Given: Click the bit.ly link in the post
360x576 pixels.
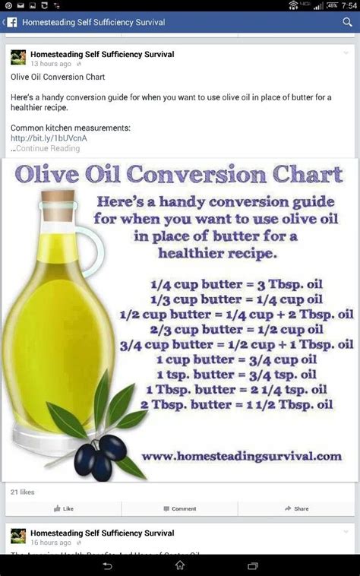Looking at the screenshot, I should pos(49,138).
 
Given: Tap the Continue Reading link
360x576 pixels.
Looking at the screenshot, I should pos(47,149).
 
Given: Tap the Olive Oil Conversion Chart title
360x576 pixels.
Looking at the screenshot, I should pos(179,175).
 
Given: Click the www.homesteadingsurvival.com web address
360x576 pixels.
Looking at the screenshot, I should pos(241,456).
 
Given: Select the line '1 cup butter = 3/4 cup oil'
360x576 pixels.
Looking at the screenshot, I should pos(235,359).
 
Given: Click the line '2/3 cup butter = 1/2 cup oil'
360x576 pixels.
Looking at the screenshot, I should pos(236,330).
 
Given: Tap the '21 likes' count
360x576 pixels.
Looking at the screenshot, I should pos(22,492).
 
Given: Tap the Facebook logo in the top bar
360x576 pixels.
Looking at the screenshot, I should pos(11,22).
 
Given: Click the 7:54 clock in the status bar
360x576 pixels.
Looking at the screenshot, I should pos(349,5).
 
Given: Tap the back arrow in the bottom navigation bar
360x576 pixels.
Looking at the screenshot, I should pos(108,566).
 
